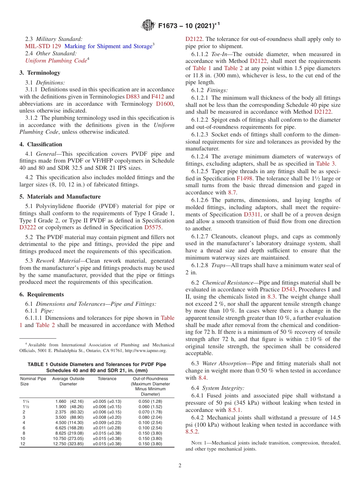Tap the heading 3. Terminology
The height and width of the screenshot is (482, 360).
tap(39, 73)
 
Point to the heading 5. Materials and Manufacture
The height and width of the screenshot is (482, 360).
tap(60, 197)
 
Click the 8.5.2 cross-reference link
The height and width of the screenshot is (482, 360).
tap(192, 432)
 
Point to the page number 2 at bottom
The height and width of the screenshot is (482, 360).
tap(180, 466)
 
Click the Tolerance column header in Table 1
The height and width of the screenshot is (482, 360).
tap(107, 379)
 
